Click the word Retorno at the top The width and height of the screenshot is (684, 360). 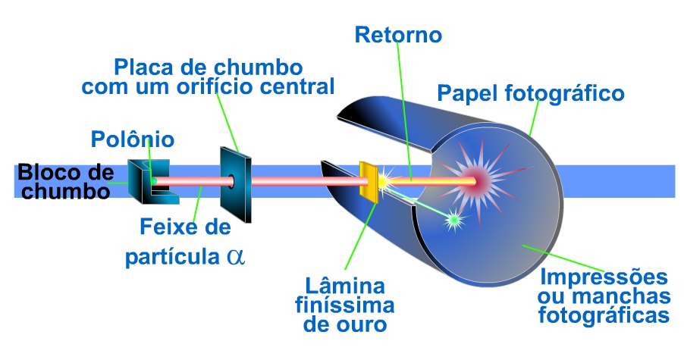397,35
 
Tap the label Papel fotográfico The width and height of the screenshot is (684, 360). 531,93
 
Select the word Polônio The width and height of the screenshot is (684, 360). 133,139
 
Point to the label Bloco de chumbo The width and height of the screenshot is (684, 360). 64,180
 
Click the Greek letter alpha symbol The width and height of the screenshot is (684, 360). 236,255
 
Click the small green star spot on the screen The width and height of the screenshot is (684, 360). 454,220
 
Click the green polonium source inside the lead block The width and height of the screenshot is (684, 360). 152,180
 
